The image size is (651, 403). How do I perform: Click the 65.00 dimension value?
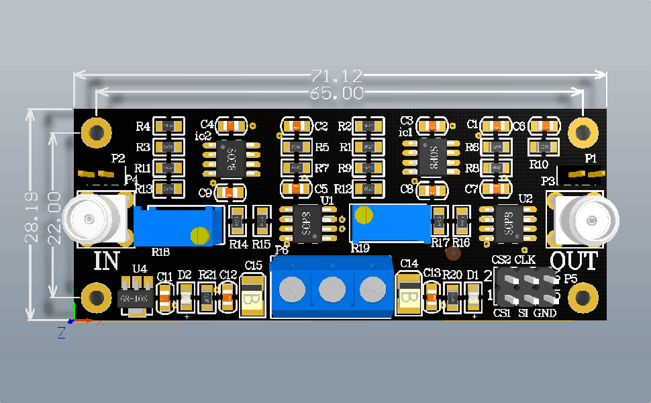pos(337,93)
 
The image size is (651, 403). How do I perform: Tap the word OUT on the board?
pos(574,261)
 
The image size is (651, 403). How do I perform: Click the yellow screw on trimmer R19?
pos(363,216)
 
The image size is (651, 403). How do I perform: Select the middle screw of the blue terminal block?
pos(332,289)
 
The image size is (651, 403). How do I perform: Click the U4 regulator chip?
pos(133,297)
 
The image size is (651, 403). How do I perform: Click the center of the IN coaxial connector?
pos(89,218)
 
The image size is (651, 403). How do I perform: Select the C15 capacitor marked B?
pos(252,295)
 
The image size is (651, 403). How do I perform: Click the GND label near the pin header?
pos(545,313)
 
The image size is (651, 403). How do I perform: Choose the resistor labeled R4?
pos(168,126)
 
